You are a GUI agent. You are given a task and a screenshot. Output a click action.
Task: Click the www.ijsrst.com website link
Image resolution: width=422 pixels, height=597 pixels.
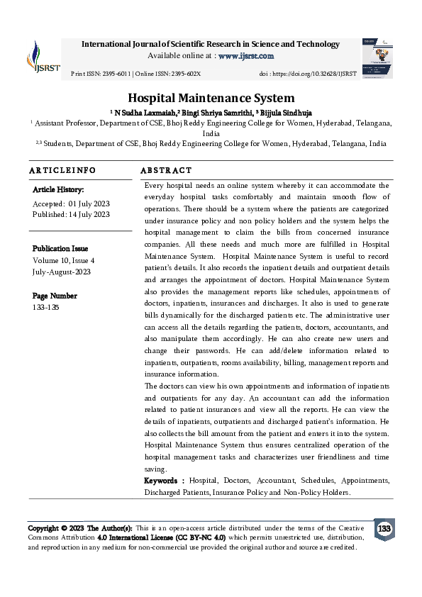(245, 56)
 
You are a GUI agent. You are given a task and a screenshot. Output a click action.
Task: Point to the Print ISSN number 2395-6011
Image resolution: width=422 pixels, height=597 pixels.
(114, 74)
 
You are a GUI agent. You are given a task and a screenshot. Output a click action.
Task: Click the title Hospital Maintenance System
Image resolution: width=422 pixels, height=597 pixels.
(211, 99)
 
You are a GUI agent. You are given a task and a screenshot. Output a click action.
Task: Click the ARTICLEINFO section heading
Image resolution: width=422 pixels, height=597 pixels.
(62, 171)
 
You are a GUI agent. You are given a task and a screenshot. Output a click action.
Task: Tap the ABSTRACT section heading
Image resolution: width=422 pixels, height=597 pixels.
(166, 171)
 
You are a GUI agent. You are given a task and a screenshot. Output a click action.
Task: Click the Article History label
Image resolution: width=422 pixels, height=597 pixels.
(58, 190)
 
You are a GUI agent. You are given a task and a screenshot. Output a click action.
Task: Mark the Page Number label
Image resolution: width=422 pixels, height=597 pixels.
(55, 296)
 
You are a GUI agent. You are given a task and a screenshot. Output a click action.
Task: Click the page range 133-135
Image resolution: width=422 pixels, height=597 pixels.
(47, 308)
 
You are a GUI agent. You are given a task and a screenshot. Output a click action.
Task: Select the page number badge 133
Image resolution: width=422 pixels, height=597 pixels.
(384, 530)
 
